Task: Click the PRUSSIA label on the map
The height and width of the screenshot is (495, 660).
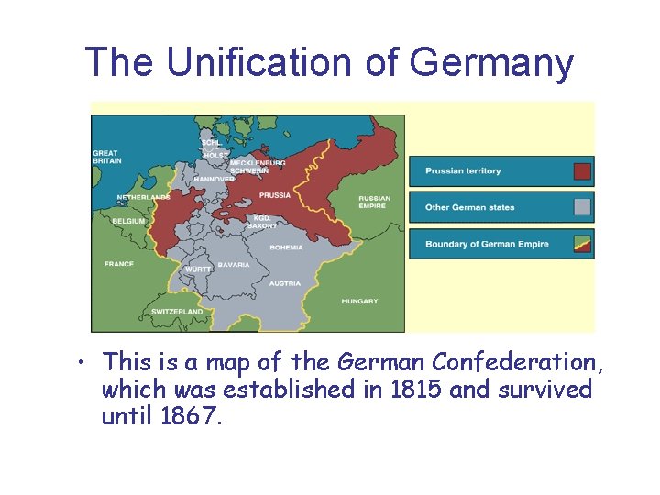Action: pyautogui.click(x=275, y=195)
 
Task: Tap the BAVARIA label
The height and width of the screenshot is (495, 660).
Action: pyautogui.click(x=234, y=265)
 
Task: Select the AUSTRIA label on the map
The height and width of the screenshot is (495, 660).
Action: pyautogui.click(x=284, y=284)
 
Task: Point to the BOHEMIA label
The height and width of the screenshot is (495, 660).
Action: pyautogui.click(x=286, y=247)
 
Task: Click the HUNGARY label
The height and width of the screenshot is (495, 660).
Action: pyautogui.click(x=359, y=302)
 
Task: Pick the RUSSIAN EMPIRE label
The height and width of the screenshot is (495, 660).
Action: pyautogui.click(x=374, y=202)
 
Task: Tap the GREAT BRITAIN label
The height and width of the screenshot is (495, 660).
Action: pyautogui.click(x=106, y=157)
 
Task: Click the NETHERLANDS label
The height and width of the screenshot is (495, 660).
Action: pyautogui.click(x=143, y=198)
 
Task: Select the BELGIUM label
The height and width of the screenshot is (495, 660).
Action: pyautogui.click(x=128, y=221)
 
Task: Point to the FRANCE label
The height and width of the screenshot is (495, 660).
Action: pyautogui.click(x=119, y=264)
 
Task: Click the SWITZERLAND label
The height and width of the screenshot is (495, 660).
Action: pyautogui.click(x=177, y=312)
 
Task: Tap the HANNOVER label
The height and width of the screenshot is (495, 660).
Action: pyautogui.click(x=214, y=179)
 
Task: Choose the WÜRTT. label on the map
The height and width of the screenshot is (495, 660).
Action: pyautogui.click(x=198, y=269)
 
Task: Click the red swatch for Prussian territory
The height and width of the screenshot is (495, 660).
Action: pyautogui.click(x=582, y=171)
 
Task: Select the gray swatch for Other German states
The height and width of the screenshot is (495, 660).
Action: pyautogui.click(x=582, y=207)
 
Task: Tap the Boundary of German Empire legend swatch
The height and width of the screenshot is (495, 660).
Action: pyautogui.click(x=582, y=244)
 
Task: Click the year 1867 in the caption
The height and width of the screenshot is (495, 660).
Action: pyautogui.click(x=191, y=418)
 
